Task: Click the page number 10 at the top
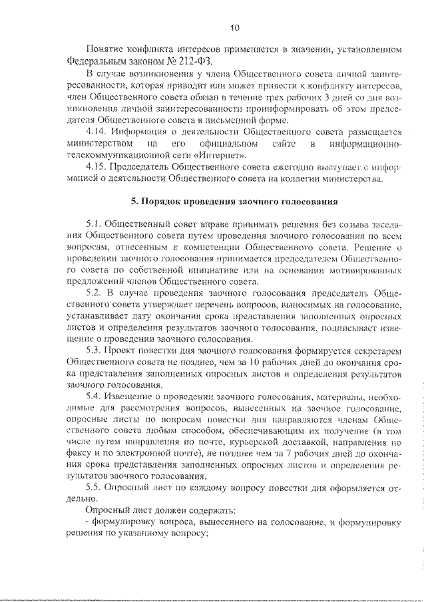(234, 28)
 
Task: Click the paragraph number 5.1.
(94, 224)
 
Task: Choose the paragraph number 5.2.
(95, 293)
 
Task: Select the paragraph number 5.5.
(95, 488)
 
